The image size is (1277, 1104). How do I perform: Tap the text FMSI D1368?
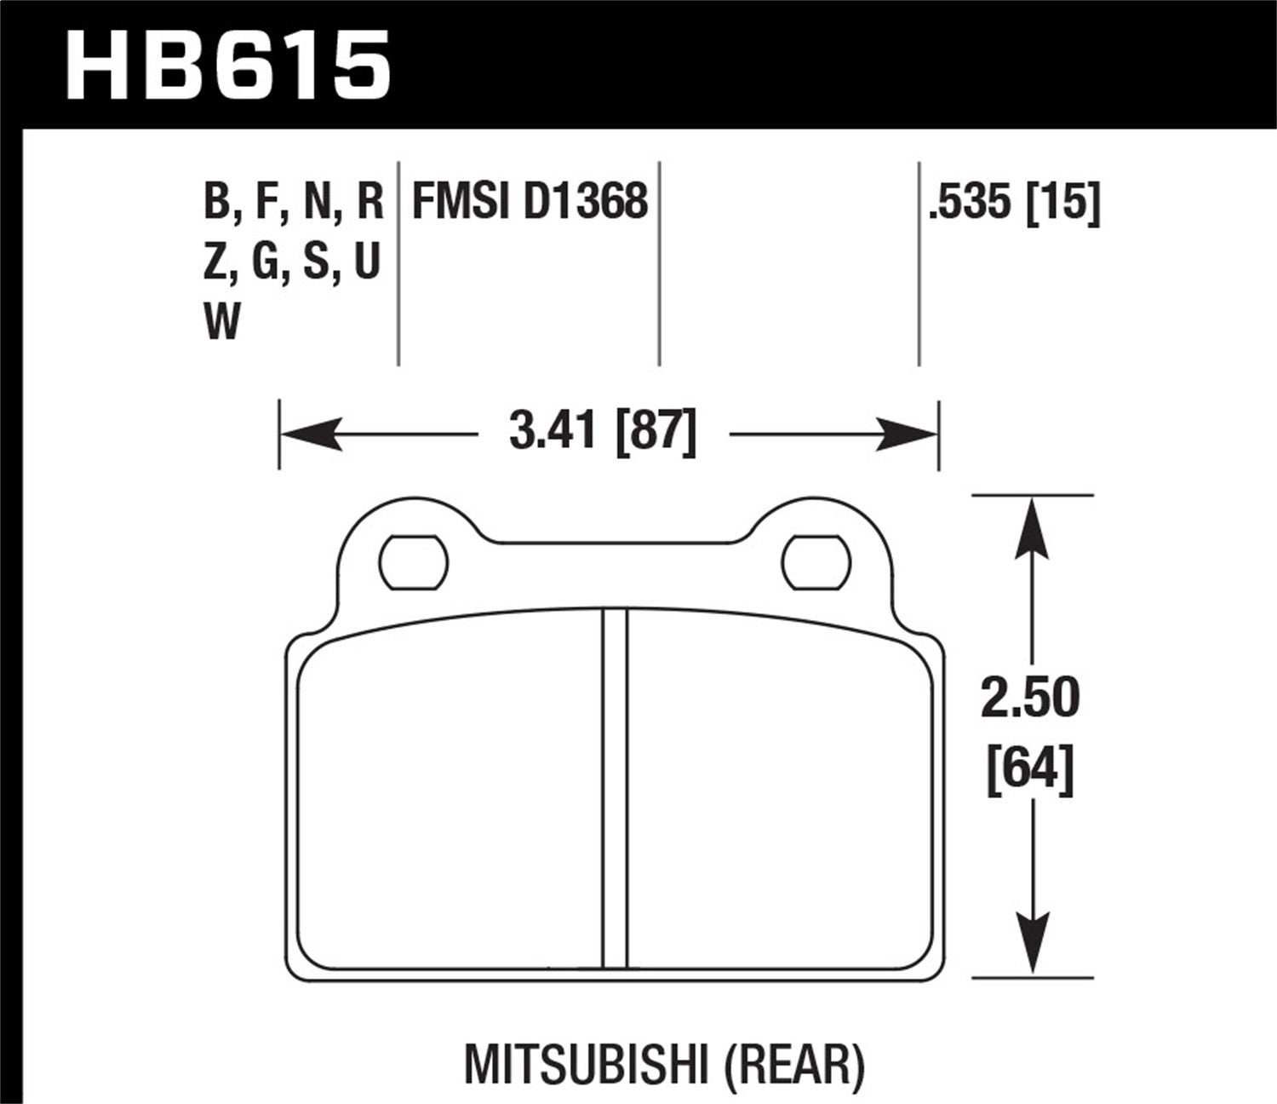point(530,202)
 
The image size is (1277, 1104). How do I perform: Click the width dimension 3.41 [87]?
point(603,431)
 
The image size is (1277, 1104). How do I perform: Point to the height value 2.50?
point(1030,699)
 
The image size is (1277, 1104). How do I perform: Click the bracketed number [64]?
point(1030,769)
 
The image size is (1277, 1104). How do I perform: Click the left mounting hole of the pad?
point(414,563)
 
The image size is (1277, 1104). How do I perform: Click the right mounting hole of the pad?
point(816,563)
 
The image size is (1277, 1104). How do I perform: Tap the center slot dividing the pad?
point(615,788)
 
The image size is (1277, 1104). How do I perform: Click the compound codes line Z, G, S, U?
point(291,262)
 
